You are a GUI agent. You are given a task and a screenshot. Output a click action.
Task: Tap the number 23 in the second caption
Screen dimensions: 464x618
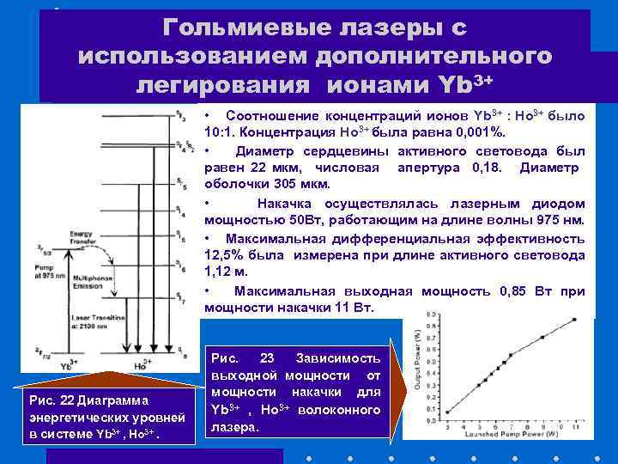point(266,357)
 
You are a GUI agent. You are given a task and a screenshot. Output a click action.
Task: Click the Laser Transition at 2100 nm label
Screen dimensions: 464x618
point(98,322)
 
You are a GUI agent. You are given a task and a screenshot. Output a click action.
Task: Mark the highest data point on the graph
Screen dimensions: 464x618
point(574,319)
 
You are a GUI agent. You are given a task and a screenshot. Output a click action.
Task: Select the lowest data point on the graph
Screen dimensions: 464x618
point(447,412)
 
